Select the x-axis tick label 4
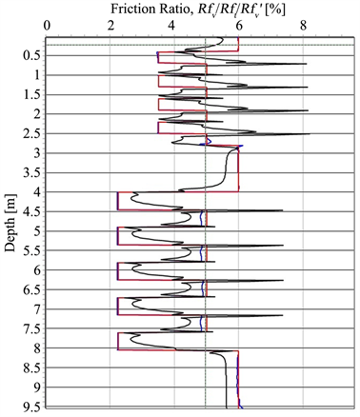point(174,28)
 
